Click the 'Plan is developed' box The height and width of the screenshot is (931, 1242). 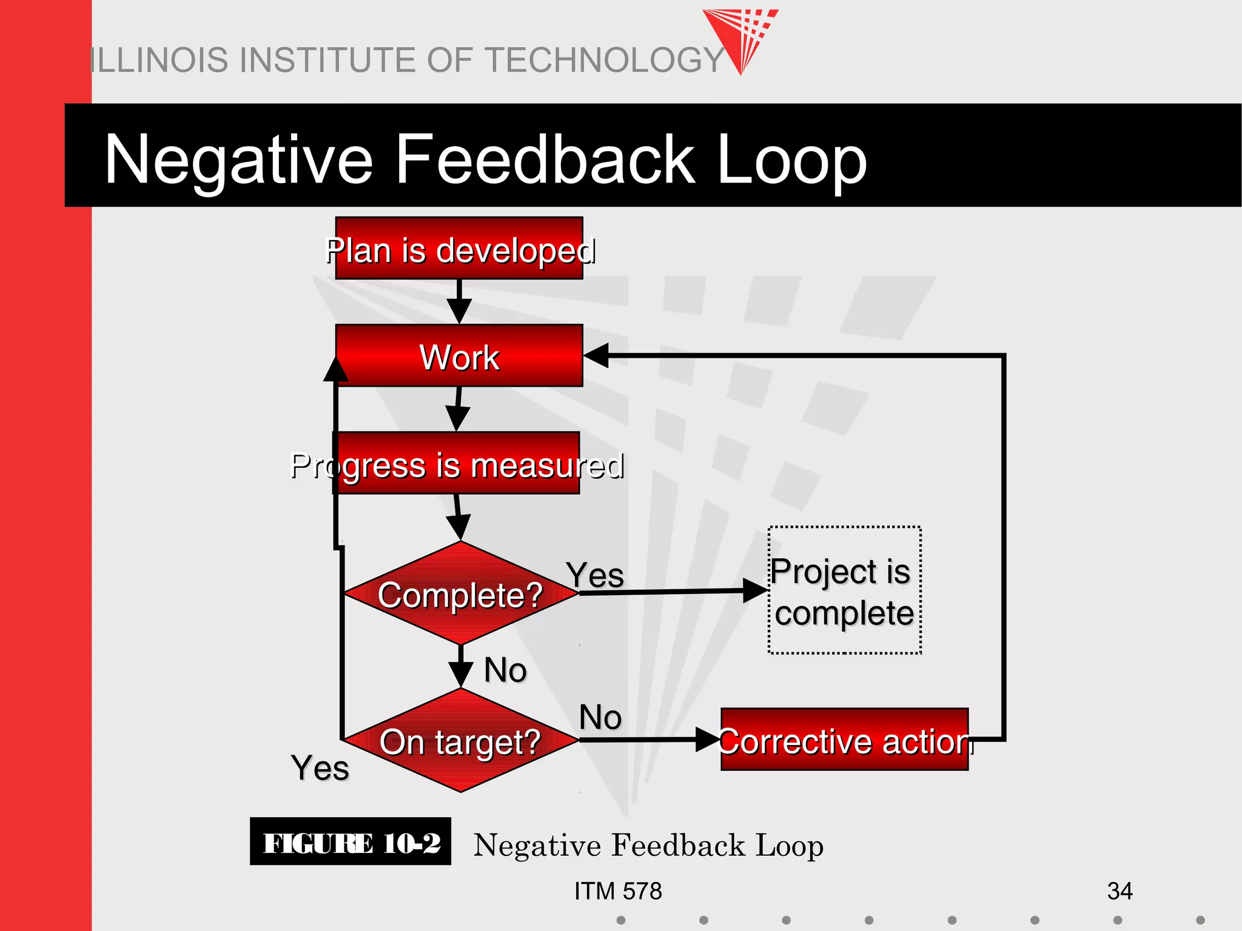(459, 249)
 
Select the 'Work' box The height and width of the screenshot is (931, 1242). (459, 356)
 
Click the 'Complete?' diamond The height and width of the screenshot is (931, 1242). (460, 594)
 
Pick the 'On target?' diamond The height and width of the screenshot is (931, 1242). (460, 741)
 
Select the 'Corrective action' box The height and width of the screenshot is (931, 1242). (844, 739)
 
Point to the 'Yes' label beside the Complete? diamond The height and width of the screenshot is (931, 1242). (595, 575)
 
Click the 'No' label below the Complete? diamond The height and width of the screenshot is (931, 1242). (505, 670)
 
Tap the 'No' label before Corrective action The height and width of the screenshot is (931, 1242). (600, 717)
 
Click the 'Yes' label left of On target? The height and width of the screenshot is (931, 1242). (320, 768)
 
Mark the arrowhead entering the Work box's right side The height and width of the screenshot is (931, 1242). (596, 355)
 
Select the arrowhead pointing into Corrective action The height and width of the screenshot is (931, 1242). (707, 739)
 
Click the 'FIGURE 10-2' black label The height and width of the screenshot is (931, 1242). (351, 842)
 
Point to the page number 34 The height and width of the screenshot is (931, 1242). (1119, 891)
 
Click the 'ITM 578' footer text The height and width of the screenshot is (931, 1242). (618, 891)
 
